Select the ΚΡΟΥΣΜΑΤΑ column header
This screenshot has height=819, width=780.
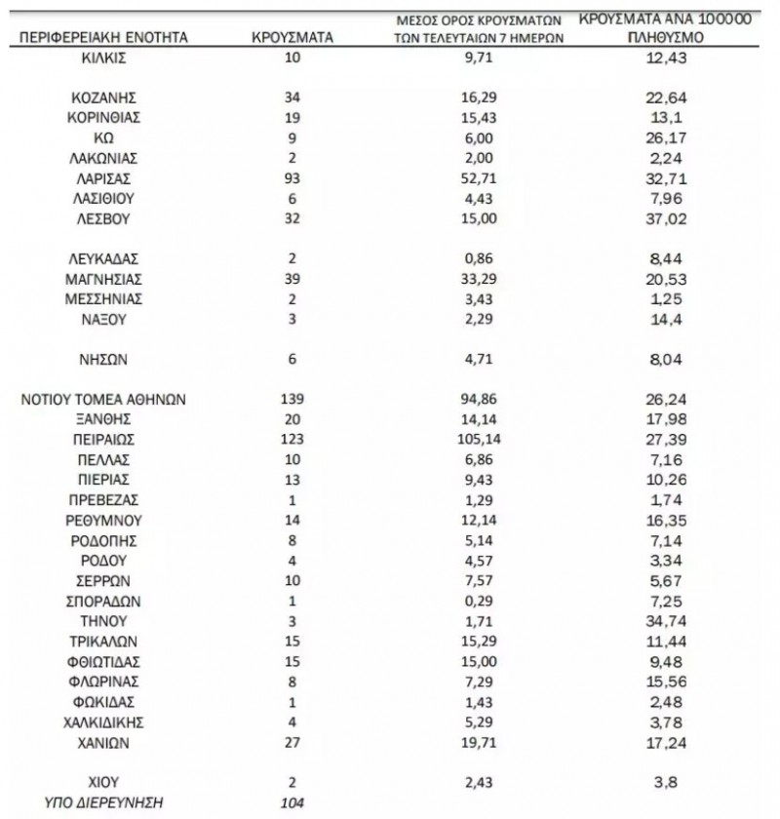(x=292, y=37)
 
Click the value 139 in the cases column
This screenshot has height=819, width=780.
(x=292, y=399)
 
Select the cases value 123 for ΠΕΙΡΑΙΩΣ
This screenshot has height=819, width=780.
(x=292, y=439)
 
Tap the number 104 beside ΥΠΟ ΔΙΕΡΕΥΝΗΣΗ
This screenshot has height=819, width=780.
(x=292, y=802)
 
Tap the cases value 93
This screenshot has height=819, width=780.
(x=292, y=178)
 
